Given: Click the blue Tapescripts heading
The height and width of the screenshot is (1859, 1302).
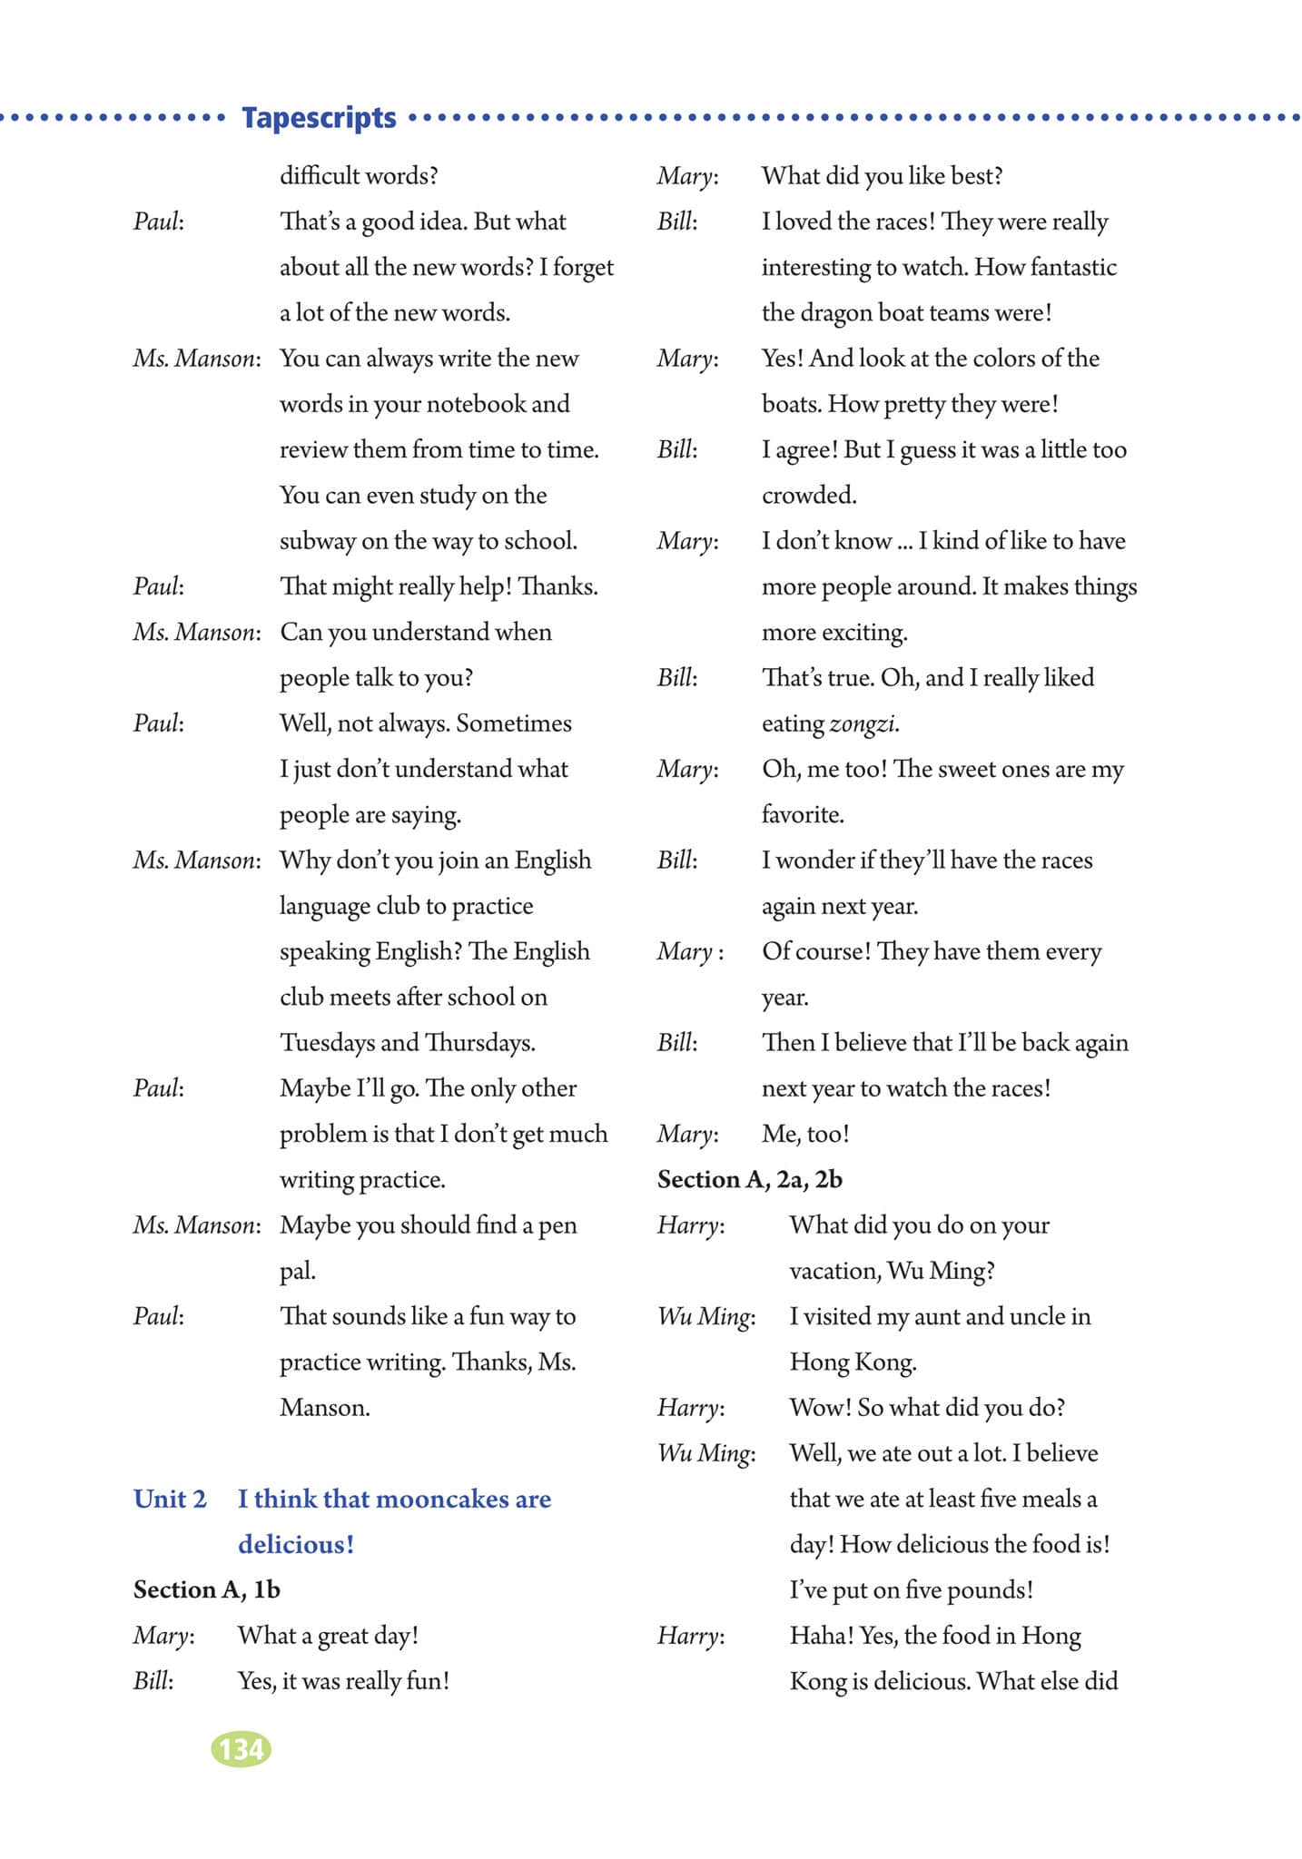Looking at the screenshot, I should (x=319, y=118).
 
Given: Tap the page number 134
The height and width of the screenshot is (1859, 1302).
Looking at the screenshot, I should (x=241, y=1748).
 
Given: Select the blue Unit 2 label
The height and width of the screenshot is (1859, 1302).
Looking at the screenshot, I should (x=170, y=1499).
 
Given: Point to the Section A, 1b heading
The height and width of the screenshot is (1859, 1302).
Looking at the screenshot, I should (x=207, y=1589).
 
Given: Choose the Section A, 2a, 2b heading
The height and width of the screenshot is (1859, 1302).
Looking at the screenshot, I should (x=750, y=1179).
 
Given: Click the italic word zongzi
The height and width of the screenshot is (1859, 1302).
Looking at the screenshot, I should (x=863, y=724).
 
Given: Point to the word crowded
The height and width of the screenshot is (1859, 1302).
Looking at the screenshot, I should (x=808, y=496).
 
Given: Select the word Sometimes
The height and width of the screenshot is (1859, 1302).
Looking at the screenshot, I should (x=514, y=723).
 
